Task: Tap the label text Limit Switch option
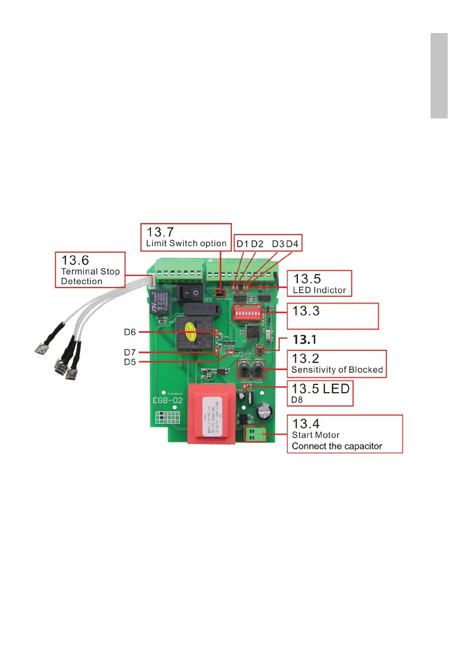tap(186, 243)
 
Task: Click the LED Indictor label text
tap(319, 290)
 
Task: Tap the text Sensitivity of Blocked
tap(337, 370)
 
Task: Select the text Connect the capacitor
tap(337, 446)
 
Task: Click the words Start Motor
tap(316, 435)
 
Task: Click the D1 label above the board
tap(242, 243)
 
